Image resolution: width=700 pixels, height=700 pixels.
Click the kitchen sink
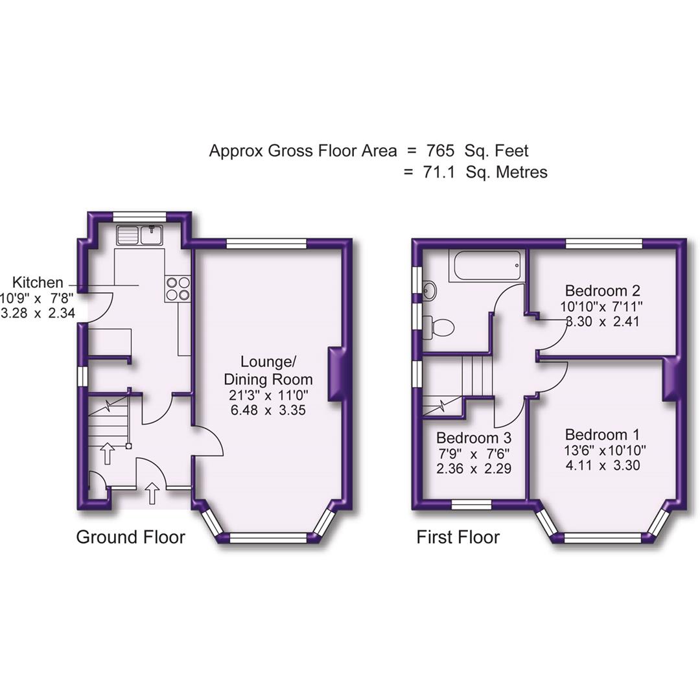(139, 235)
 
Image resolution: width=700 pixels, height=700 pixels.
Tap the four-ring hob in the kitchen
(179, 288)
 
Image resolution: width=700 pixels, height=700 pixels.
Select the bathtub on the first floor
(487, 266)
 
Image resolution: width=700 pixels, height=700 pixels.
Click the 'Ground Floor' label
(130, 537)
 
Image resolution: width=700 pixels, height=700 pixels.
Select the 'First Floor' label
(458, 537)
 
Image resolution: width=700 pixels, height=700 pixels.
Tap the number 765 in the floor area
(440, 151)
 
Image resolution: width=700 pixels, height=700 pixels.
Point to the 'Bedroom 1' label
(597, 435)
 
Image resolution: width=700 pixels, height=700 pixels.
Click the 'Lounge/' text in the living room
(268, 362)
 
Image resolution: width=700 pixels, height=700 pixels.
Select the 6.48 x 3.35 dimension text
(268, 410)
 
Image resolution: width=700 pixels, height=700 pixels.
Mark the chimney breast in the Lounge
(336, 374)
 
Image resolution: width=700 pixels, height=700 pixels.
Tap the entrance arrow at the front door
(152, 493)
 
